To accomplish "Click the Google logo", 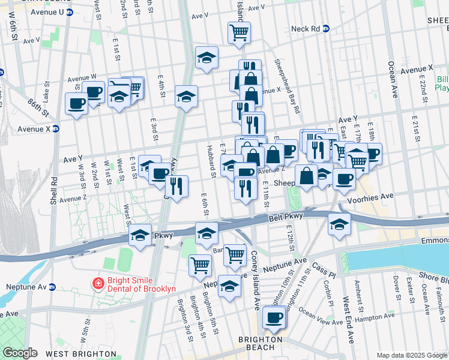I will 20,352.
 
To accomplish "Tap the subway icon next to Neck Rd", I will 327,28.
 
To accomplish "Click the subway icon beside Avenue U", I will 70,12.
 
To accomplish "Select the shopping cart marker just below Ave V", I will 239,32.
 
